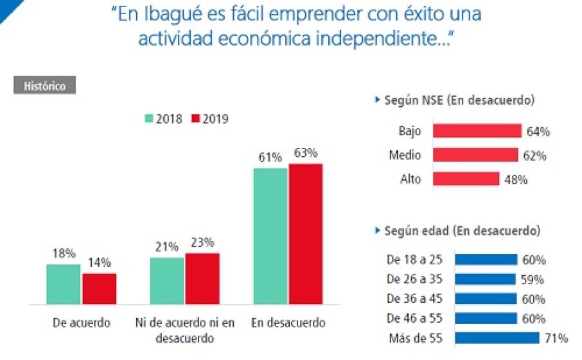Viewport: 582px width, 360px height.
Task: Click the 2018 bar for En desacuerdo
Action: point(270,236)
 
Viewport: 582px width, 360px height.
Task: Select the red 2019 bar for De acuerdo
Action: point(99,289)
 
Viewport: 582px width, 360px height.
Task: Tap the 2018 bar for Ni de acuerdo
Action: point(168,281)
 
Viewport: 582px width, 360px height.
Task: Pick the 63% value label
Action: point(306,154)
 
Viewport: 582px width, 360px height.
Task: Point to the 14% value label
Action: point(100,262)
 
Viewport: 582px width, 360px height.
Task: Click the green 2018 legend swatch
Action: point(148,119)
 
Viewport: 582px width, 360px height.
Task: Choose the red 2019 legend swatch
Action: point(195,119)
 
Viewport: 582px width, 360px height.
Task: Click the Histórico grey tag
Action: point(44,85)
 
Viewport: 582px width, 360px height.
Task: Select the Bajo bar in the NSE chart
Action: point(477,131)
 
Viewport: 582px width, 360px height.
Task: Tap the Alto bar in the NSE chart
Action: point(466,179)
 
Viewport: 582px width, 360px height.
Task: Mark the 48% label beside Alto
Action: point(516,180)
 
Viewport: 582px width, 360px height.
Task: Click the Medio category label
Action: point(405,156)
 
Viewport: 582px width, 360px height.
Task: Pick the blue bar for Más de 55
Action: point(497,338)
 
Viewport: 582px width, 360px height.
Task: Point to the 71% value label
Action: point(557,338)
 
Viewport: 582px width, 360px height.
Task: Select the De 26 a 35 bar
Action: point(485,279)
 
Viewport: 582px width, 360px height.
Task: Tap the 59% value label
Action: point(533,280)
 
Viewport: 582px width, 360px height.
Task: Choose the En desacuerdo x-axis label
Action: point(288,323)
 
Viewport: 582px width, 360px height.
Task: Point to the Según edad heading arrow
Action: point(377,230)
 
